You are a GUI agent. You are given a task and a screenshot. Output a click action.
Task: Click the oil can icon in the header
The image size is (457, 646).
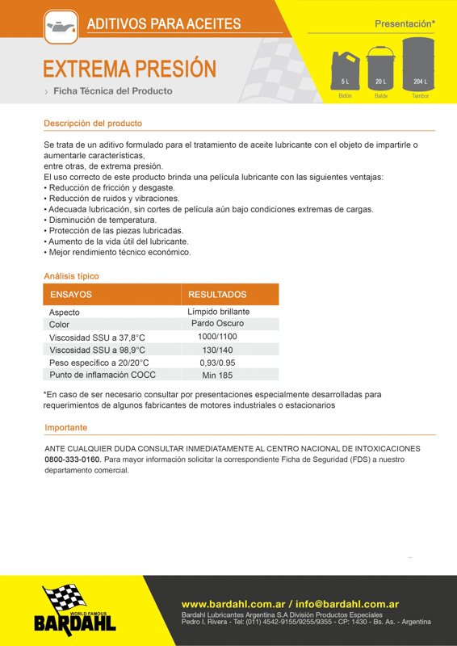point(61,24)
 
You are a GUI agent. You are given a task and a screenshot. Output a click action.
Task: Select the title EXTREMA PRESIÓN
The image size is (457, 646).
point(129,68)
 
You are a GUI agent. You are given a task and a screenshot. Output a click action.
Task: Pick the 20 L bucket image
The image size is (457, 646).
point(380,68)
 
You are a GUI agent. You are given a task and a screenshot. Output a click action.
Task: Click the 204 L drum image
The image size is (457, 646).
point(419,64)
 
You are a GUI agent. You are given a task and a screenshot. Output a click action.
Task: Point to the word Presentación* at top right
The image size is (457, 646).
point(405,24)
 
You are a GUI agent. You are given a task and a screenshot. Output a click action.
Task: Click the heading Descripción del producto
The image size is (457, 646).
point(93,124)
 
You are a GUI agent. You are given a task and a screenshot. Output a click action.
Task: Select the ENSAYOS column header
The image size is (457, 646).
point(71,295)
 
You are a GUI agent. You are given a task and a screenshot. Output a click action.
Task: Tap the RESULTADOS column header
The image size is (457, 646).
point(217,295)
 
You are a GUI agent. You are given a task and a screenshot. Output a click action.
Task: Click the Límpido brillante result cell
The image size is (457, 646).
point(218,312)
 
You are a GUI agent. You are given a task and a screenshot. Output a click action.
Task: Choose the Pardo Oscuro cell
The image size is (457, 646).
point(217,324)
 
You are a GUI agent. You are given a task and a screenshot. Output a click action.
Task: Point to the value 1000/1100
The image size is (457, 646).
point(217,337)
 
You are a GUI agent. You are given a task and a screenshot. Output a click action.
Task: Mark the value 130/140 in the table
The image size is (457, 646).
point(217,350)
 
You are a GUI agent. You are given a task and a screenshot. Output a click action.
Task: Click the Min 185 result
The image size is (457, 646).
point(217,375)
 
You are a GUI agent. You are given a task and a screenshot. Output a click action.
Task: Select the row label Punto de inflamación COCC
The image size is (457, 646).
point(103,375)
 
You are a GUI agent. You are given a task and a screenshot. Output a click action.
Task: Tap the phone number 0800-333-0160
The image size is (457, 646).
point(73,459)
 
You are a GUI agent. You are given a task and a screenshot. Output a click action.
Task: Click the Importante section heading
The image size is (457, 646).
point(66,427)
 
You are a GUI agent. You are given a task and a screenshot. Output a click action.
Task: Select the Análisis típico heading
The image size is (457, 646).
point(72,276)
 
